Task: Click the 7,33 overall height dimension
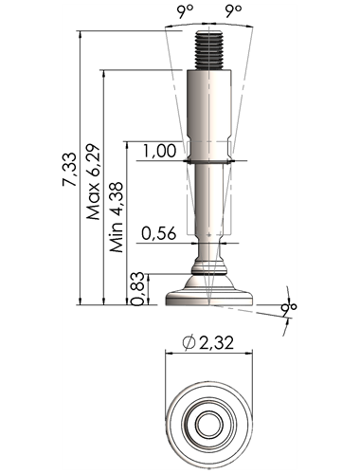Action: click(69, 170)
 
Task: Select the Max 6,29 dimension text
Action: click(94, 182)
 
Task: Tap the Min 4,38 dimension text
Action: click(116, 217)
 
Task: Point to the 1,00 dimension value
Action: click(159, 151)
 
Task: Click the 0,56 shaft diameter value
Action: click(158, 233)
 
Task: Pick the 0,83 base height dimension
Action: click(137, 289)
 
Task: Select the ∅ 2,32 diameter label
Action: click(208, 342)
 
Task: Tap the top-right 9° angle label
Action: click(234, 11)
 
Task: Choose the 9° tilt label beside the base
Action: click(288, 310)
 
